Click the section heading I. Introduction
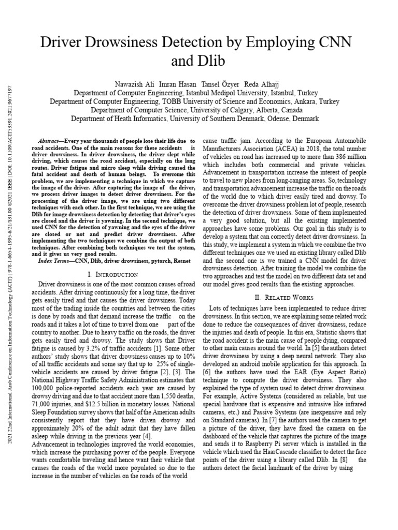point(113,274)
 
